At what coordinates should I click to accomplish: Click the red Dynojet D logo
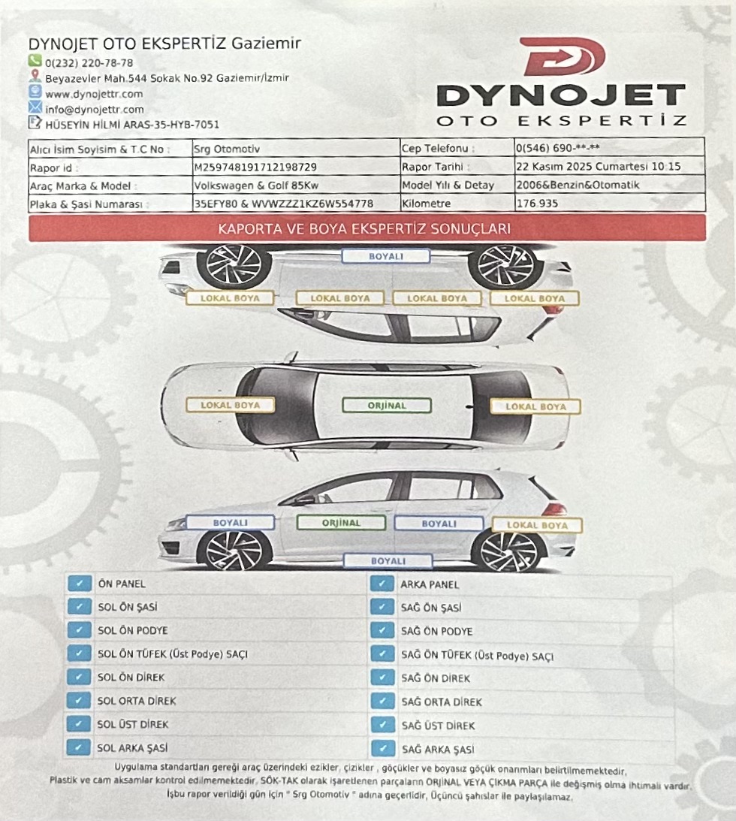click(x=564, y=56)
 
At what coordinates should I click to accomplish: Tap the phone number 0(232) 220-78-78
click(x=89, y=63)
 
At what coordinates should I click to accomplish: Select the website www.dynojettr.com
click(x=94, y=94)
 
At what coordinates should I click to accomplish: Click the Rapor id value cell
click(x=296, y=167)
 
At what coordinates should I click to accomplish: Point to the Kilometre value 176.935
click(x=537, y=203)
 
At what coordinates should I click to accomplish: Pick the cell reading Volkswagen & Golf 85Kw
click(x=256, y=186)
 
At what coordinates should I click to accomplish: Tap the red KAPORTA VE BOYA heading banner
click(x=367, y=229)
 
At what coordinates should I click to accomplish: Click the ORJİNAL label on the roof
click(x=387, y=406)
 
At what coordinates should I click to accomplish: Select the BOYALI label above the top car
click(x=386, y=256)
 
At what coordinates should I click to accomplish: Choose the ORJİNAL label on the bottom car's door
click(x=341, y=523)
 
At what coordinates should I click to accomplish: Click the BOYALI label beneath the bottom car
click(x=388, y=561)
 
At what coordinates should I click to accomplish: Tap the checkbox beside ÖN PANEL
click(x=80, y=584)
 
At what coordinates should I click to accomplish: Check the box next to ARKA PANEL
click(x=382, y=584)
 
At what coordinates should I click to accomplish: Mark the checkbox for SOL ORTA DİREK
click(x=79, y=701)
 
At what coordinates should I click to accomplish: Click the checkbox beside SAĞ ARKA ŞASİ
click(x=383, y=749)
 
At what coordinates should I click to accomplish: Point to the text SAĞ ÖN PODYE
click(x=436, y=632)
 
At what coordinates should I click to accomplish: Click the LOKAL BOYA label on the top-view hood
click(x=231, y=406)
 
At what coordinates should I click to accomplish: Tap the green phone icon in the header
click(x=35, y=61)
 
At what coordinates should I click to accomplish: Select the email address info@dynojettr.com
click(x=95, y=110)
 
